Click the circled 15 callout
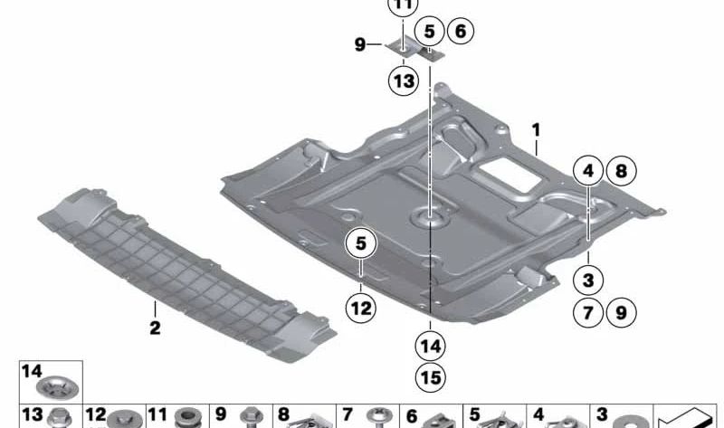[x=431, y=377]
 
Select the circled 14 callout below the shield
[x=431, y=346]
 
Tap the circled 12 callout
[x=361, y=308]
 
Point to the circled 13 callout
[x=404, y=81]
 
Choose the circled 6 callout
[x=461, y=31]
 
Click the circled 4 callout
[x=587, y=171]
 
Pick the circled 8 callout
[x=622, y=171]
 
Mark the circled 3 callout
[x=587, y=280]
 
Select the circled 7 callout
[x=587, y=312]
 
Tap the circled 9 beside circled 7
[x=622, y=312]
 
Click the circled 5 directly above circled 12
[x=361, y=243]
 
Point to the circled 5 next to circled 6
[x=429, y=32]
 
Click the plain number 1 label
[x=536, y=130]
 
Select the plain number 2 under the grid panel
[x=155, y=328]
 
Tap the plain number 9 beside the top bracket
[x=360, y=44]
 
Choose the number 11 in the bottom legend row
[x=157, y=414]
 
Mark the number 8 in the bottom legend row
[x=283, y=414]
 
